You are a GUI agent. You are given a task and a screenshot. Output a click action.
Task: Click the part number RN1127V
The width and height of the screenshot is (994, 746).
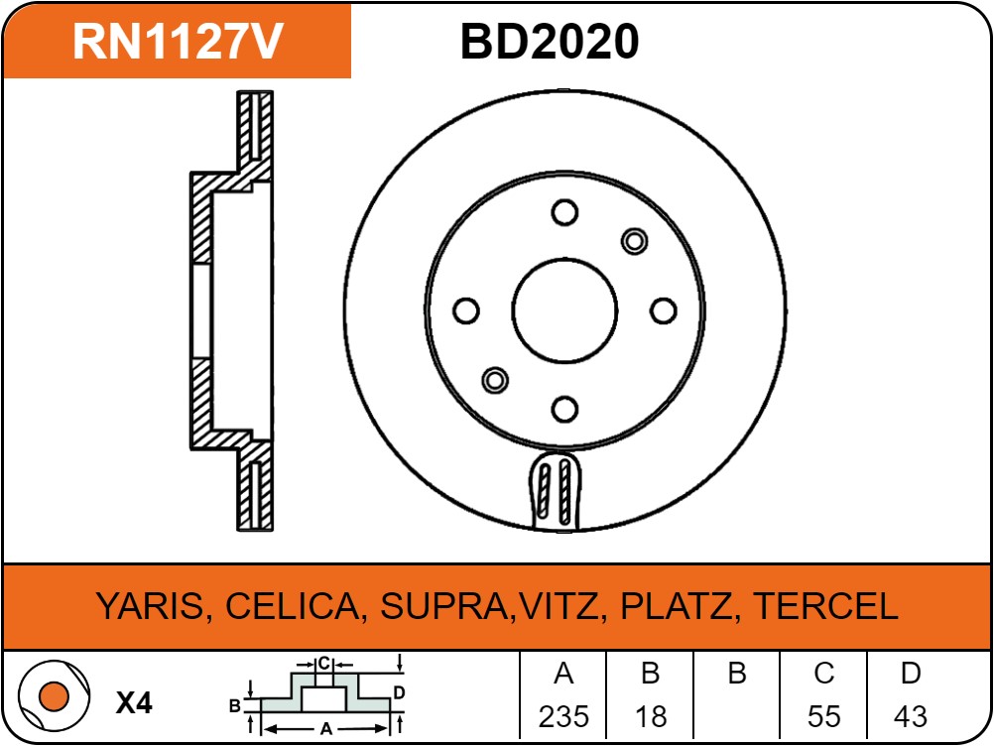pos(178,42)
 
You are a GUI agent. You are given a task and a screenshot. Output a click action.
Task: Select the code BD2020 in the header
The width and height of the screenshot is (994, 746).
pos(550,42)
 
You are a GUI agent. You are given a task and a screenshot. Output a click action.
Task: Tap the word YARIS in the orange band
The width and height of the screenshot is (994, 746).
pos(151,606)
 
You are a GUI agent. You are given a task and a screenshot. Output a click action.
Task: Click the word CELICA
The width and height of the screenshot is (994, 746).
pos(293,606)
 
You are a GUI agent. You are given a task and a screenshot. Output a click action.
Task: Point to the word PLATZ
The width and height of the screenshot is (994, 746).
pos(676,606)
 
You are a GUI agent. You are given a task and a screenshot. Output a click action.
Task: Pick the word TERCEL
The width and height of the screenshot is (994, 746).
pos(826,606)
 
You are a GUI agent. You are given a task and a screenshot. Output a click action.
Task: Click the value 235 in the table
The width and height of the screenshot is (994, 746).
pos(563,717)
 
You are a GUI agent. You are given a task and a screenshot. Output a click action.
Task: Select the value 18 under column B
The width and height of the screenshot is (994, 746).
pos(651,717)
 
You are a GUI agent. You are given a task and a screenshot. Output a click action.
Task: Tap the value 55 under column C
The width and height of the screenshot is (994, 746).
pos(824,717)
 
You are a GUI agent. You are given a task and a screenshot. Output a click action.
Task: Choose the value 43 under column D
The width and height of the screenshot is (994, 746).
pos(911,717)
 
